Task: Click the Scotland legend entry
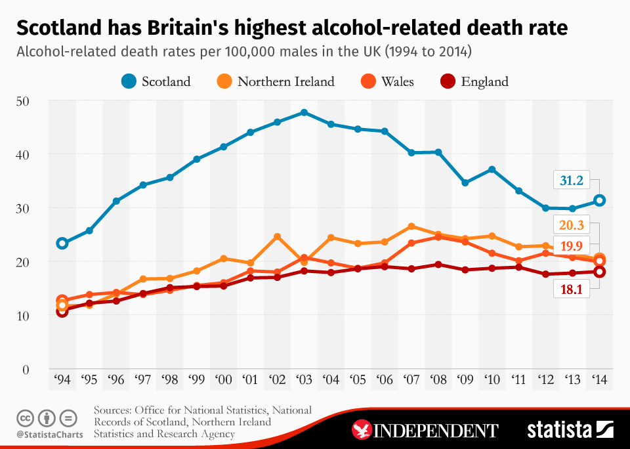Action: click(x=156, y=81)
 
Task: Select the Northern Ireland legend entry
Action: click(x=276, y=81)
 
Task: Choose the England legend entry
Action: click(x=474, y=81)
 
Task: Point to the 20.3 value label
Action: click(x=572, y=226)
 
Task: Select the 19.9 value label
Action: click(x=572, y=246)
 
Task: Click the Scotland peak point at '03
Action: click(x=304, y=112)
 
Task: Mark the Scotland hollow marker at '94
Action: click(x=62, y=244)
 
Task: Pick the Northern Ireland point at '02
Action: click(x=277, y=236)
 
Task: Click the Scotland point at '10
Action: click(x=492, y=169)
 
